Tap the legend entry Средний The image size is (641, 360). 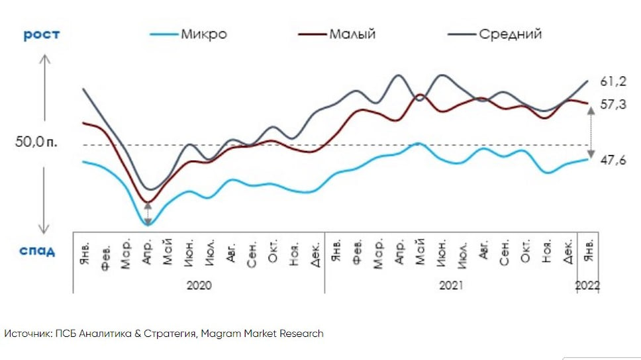pos(511,33)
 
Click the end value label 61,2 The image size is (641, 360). pos(613,81)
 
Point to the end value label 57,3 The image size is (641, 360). pos(613,104)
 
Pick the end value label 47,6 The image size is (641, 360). pos(613,159)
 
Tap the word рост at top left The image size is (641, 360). pos(42,34)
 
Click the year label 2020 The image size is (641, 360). pos(199,285)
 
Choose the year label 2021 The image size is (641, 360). pos(451,285)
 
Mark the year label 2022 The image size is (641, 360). pos(589,285)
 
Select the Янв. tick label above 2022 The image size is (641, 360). pos(589,252)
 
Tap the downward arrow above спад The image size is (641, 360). pos(44,199)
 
